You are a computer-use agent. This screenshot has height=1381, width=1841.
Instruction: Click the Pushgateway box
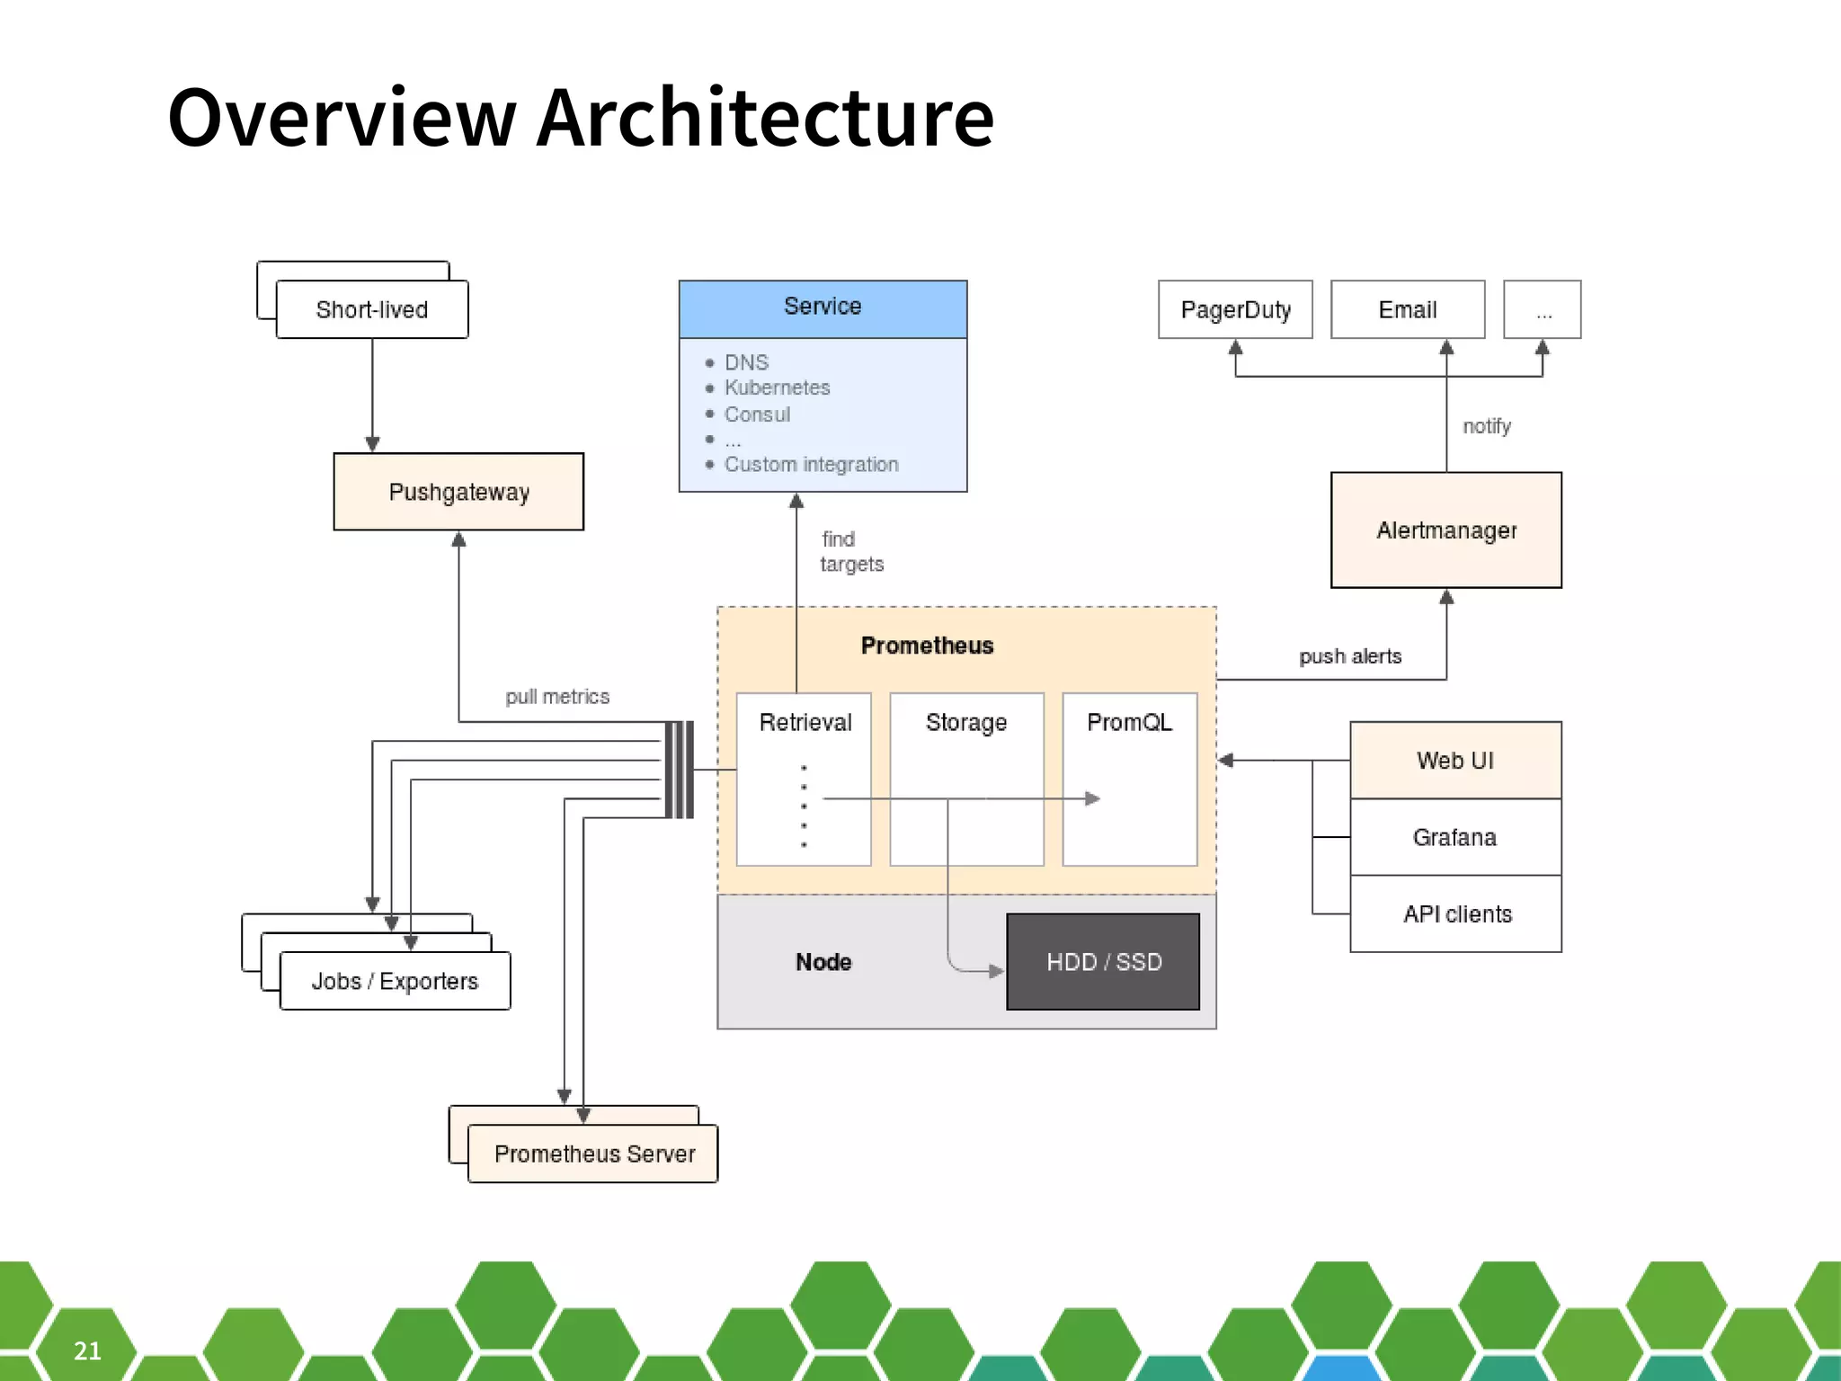point(458,492)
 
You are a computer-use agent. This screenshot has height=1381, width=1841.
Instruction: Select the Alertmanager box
point(1445,530)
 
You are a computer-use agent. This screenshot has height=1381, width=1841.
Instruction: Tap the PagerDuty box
point(1235,310)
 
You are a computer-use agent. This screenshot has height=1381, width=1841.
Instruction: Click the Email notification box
point(1407,310)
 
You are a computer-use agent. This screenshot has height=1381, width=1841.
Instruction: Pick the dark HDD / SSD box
point(1103,962)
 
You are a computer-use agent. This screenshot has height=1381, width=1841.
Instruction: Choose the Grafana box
point(1454,837)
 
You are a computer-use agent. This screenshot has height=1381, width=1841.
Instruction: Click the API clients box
point(1456,914)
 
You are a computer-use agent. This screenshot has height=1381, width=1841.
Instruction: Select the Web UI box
point(1454,761)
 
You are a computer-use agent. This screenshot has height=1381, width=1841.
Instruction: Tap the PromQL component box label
point(1129,722)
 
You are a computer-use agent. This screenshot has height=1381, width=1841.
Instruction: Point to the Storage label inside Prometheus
point(966,722)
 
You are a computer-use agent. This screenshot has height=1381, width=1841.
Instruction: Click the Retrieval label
point(805,722)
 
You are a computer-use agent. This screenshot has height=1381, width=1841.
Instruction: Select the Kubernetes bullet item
point(777,388)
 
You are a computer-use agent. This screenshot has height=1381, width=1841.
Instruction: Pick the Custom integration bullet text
point(811,465)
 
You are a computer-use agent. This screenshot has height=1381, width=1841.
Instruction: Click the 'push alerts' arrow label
point(1349,656)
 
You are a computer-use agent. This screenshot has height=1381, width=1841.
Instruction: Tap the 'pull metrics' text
point(557,697)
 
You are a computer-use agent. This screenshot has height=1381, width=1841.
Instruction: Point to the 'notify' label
point(1486,426)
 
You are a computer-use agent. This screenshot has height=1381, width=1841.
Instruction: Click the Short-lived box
point(371,310)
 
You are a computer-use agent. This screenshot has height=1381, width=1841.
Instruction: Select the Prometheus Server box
point(593,1154)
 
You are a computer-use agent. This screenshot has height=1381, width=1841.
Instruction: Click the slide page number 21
point(87,1350)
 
